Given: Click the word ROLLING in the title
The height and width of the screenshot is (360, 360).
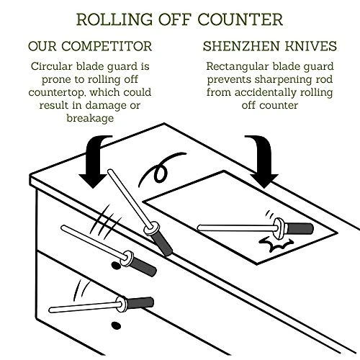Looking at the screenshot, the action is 114,19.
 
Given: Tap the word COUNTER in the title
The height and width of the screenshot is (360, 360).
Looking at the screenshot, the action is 240,19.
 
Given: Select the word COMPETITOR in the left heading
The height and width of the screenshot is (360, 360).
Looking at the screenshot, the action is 107,46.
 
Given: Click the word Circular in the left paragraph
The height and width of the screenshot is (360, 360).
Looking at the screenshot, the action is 52,66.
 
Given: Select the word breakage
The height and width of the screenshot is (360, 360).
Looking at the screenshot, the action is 90,118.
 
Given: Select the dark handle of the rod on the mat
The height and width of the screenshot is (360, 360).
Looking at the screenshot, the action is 300,229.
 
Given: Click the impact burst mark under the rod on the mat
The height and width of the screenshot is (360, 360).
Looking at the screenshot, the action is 276,244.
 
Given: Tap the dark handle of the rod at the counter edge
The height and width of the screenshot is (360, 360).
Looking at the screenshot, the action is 162,244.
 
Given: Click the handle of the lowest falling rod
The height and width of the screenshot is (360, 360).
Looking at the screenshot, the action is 140,303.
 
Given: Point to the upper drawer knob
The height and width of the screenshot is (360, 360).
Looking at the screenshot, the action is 116,266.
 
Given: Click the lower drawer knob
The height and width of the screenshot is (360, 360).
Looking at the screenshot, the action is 116,325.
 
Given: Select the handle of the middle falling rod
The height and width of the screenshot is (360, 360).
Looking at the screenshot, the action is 143,267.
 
